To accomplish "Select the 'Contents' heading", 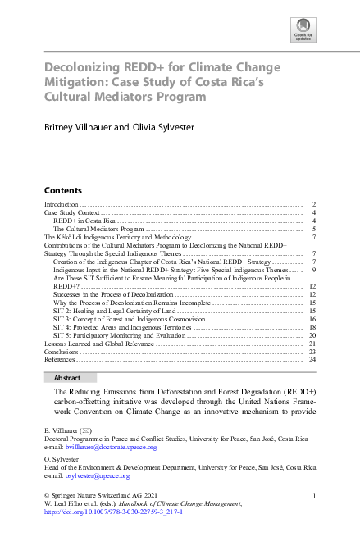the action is coord(62,188).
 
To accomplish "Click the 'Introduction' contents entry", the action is coord(61,203).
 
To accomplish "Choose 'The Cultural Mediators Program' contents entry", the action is coord(99,229).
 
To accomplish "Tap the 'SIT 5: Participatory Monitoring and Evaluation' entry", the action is coord(120,335).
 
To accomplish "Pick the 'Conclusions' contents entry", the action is coord(62,352).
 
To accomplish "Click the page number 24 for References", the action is coord(312,360).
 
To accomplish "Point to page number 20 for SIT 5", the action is coord(312,335).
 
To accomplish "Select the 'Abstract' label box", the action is coord(70,378).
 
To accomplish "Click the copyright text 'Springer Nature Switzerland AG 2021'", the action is coord(102,495).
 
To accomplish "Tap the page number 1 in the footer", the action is coord(314,495).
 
